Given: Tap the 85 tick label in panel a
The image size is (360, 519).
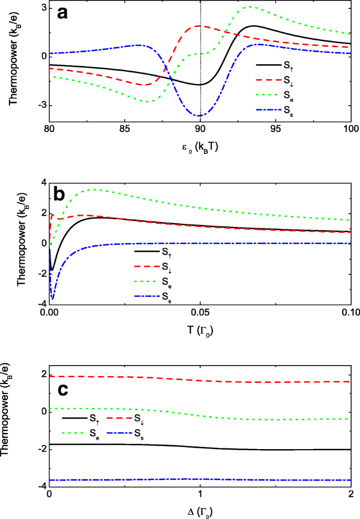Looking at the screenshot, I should point(125,129).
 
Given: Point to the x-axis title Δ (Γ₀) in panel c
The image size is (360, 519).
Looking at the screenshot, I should point(200,510).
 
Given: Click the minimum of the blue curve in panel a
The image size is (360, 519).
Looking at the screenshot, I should point(199,116).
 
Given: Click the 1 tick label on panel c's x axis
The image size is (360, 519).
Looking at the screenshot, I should point(200,495).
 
